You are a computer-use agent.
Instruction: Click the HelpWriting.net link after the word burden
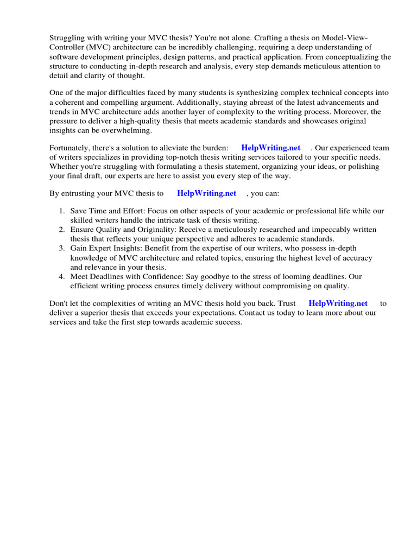click(x=270, y=148)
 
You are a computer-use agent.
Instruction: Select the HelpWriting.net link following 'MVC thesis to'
click(x=206, y=193)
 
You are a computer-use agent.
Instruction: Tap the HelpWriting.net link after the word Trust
click(x=338, y=304)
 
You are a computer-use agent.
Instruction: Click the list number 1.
click(x=62, y=211)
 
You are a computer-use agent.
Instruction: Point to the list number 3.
click(x=62, y=248)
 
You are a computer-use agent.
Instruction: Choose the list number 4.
click(x=62, y=276)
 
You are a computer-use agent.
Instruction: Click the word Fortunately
click(x=70, y=148)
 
